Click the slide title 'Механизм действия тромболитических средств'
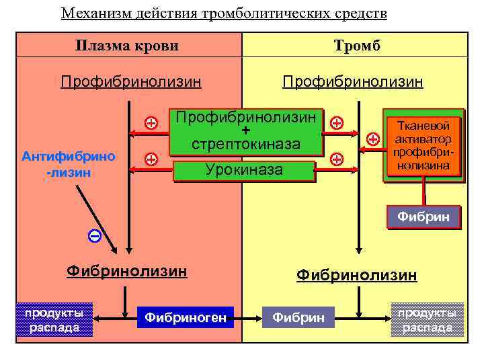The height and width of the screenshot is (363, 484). tap(224, 13)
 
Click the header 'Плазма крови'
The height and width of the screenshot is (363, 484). tap(127, 46)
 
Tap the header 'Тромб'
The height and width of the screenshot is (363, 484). tap(356, 46)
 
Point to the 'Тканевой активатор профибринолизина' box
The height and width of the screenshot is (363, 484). tap(424, 145)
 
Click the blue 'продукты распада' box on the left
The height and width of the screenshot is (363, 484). tap(54, 319)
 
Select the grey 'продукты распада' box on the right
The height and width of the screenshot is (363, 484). tap(428, 319)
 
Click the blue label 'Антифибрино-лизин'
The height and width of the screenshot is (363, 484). tap(68, 163)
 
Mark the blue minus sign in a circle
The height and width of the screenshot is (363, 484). tap(95, 236)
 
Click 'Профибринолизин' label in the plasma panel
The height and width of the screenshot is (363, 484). tap(130, 82)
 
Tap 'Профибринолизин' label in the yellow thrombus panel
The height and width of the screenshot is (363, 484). tap(352, 82)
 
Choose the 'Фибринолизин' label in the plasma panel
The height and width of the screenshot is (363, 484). tap(126, 272)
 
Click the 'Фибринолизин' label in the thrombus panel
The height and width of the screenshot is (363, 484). tap(356, 275)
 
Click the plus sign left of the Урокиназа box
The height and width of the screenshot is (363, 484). tap(151, 159)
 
